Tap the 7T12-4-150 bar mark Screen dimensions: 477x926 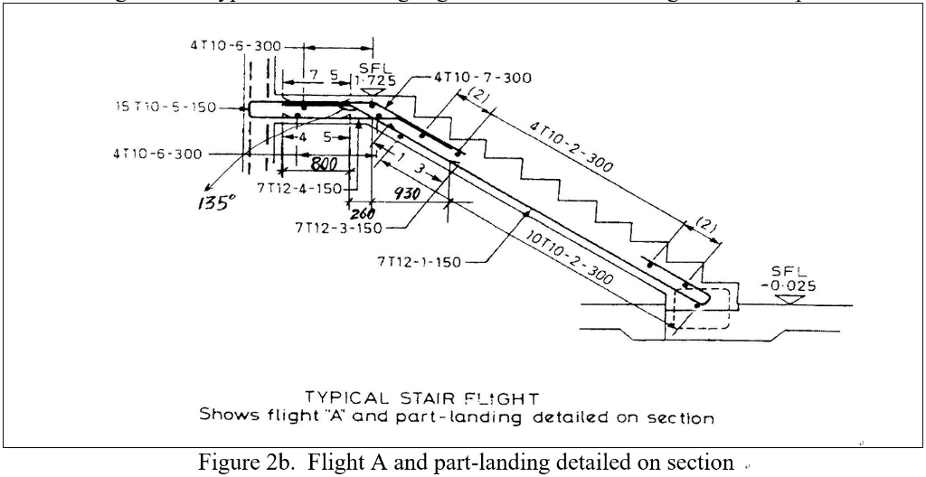point(299,188)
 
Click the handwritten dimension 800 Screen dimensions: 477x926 point(324,164)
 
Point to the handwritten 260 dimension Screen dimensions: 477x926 point(364,213)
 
